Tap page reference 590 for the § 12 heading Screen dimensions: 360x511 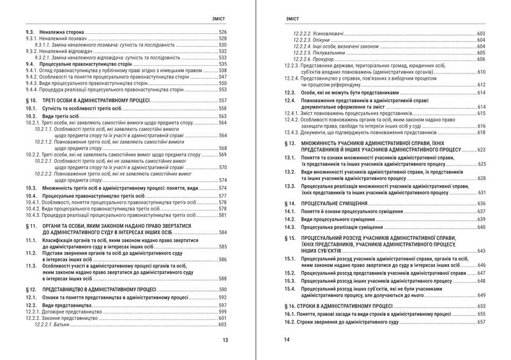(223, 289)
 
